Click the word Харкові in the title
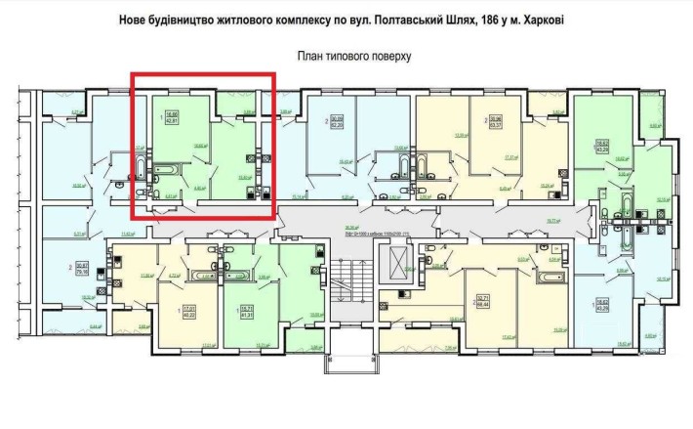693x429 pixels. tap(537, 20)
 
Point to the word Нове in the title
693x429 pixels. tap(135, 20)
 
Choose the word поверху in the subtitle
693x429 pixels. tap(389, 56)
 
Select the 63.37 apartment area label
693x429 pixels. tap(496, 125)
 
